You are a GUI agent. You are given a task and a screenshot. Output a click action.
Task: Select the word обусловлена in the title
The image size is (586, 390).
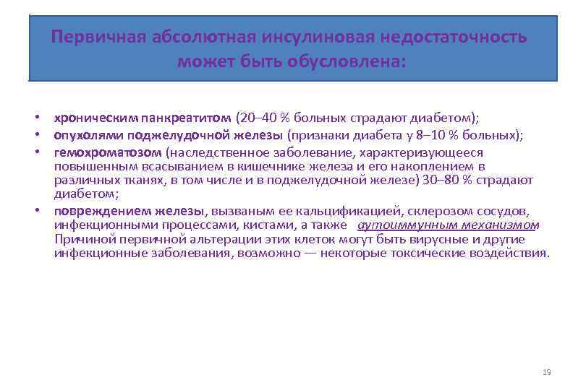(347, 61)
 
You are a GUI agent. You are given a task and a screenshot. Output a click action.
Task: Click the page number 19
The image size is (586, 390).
(546, 372)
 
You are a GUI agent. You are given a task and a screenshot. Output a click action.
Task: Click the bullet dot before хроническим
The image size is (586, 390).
(35, 118)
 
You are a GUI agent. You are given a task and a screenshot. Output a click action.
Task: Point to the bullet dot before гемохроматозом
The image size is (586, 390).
(35, 153)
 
